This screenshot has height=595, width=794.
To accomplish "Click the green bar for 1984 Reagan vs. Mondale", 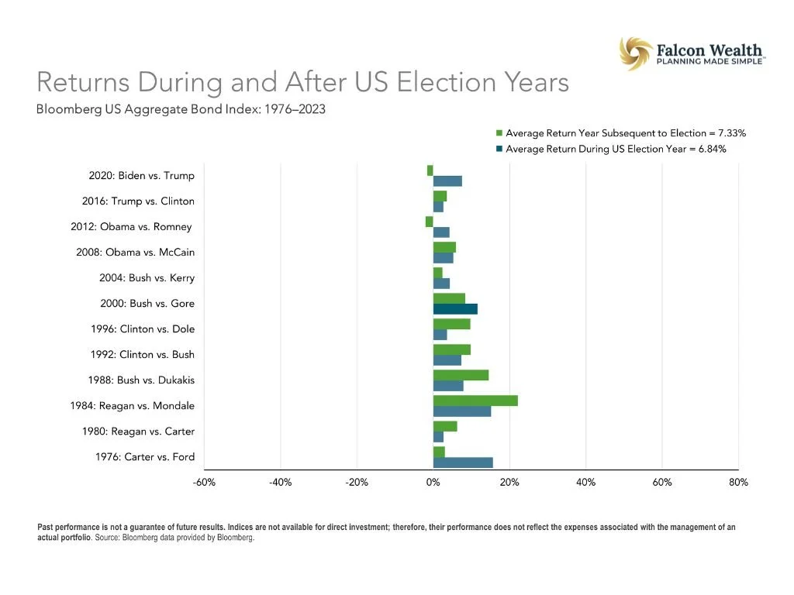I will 475,401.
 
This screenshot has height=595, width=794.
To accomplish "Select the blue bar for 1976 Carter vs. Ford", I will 462,463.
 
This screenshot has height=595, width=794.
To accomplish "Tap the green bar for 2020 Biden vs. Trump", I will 430,170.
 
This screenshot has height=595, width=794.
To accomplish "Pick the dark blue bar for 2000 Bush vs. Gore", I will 455,309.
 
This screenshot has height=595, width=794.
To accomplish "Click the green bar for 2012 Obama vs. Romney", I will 430,222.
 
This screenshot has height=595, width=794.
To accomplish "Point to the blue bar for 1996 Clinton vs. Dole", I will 440,335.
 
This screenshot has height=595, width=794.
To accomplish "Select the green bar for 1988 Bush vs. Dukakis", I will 461,375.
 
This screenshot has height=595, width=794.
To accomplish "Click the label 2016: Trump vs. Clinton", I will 138,201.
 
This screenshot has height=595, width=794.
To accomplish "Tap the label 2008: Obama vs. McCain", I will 135,253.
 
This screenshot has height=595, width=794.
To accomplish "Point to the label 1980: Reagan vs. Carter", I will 138,432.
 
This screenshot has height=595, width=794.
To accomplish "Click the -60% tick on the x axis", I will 204,483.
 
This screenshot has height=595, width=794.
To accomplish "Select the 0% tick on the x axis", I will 433,483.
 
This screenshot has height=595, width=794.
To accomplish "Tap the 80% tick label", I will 738,483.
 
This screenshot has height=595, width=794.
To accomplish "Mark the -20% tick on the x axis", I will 357,483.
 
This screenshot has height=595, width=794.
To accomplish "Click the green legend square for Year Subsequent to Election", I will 499,134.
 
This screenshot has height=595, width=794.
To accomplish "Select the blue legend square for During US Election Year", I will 499,149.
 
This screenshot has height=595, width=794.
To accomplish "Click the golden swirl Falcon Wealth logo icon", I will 635,53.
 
